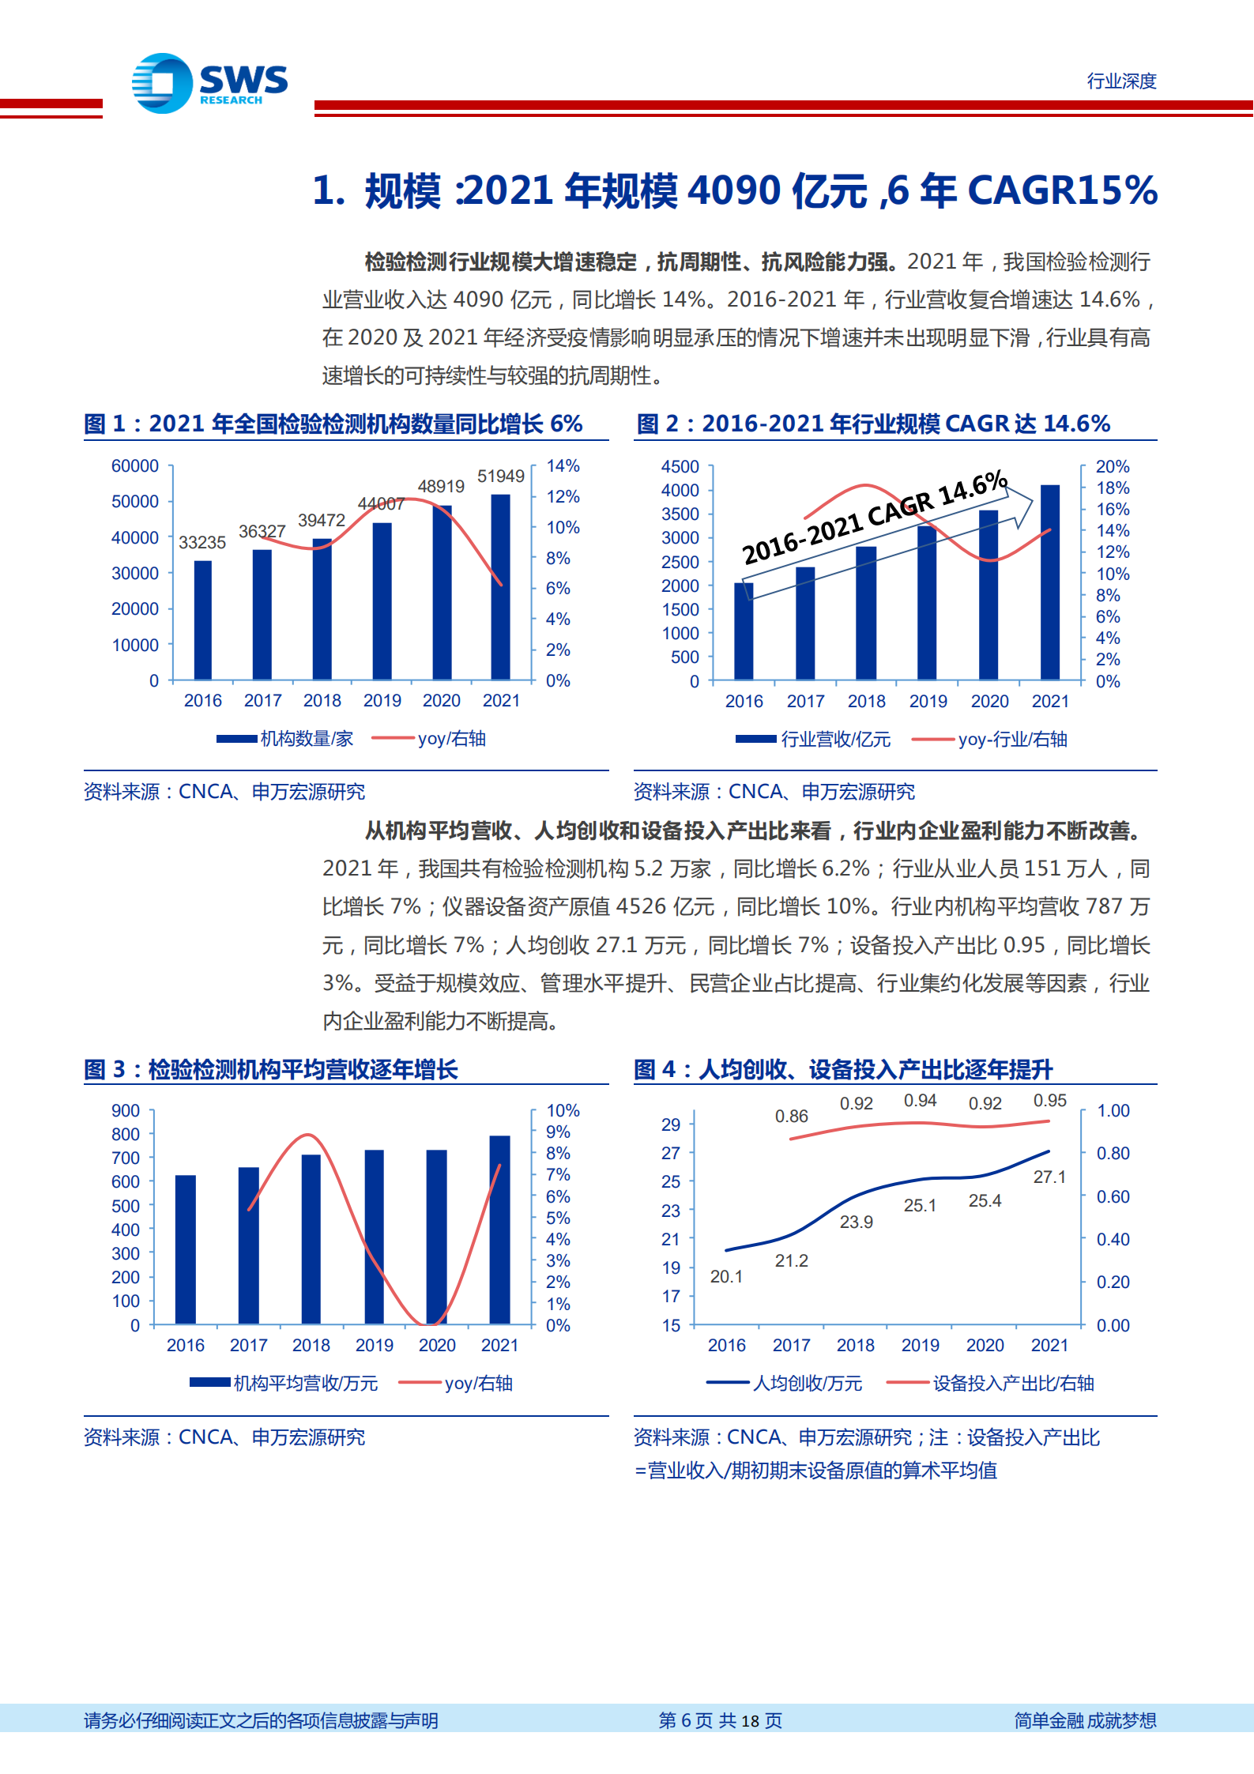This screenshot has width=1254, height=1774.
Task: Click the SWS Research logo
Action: pyautogui.click(x=209, y=83)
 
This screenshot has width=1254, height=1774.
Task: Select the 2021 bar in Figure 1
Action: pyautogui.click(x=500, y=586)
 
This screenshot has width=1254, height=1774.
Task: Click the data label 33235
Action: pyautogui.click(x=202, y=542)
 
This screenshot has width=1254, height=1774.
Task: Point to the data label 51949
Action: pyautogui.click(x=500, y=476)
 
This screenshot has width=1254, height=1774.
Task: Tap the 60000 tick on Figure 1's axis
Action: pyautogui.click(x=134, y=466)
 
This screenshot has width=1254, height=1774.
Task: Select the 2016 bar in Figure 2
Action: pyautogui.click(x=744, y=631)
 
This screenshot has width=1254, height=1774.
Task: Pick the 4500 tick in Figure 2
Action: pyautogui.click(x=680, y=467)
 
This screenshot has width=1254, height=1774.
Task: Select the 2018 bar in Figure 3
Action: pyautogui.click(x=311, y=1238)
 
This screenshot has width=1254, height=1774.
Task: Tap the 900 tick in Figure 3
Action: pyautogui.click(x=125, y=1111)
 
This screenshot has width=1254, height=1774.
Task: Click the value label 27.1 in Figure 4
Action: pyautogui.click(x=1049, y=1177)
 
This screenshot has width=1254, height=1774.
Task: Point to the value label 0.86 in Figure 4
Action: pyautogui.click(x=791, y=1117)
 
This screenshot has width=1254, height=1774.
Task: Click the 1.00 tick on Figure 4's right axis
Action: pyautogui.click(x=1113, y=1111)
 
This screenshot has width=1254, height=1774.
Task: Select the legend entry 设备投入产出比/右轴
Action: pyautogui.click(x=1013, y=1384)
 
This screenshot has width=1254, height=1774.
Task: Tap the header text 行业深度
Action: pyautogui.click(x=1120, y=81)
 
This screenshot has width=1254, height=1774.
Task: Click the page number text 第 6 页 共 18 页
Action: pyautogui.click(x=720, y=1720)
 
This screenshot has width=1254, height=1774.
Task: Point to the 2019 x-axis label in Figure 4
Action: pyautogui.click(x=920, y=1345)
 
